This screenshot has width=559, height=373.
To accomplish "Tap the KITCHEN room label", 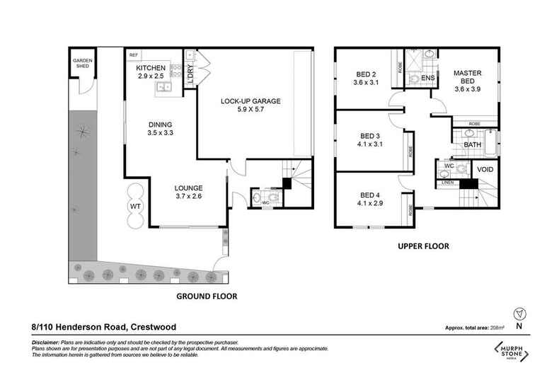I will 151,67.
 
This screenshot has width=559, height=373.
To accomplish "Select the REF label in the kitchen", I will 133,54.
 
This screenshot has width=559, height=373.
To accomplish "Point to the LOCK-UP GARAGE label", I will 250,102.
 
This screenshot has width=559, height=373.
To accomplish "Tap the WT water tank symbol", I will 136,206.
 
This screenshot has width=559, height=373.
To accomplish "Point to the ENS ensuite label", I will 427,78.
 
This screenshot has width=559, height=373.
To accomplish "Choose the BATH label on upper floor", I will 473,145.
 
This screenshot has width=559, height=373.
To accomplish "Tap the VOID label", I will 485,170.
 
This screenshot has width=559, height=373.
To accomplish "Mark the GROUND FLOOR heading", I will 206,296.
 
